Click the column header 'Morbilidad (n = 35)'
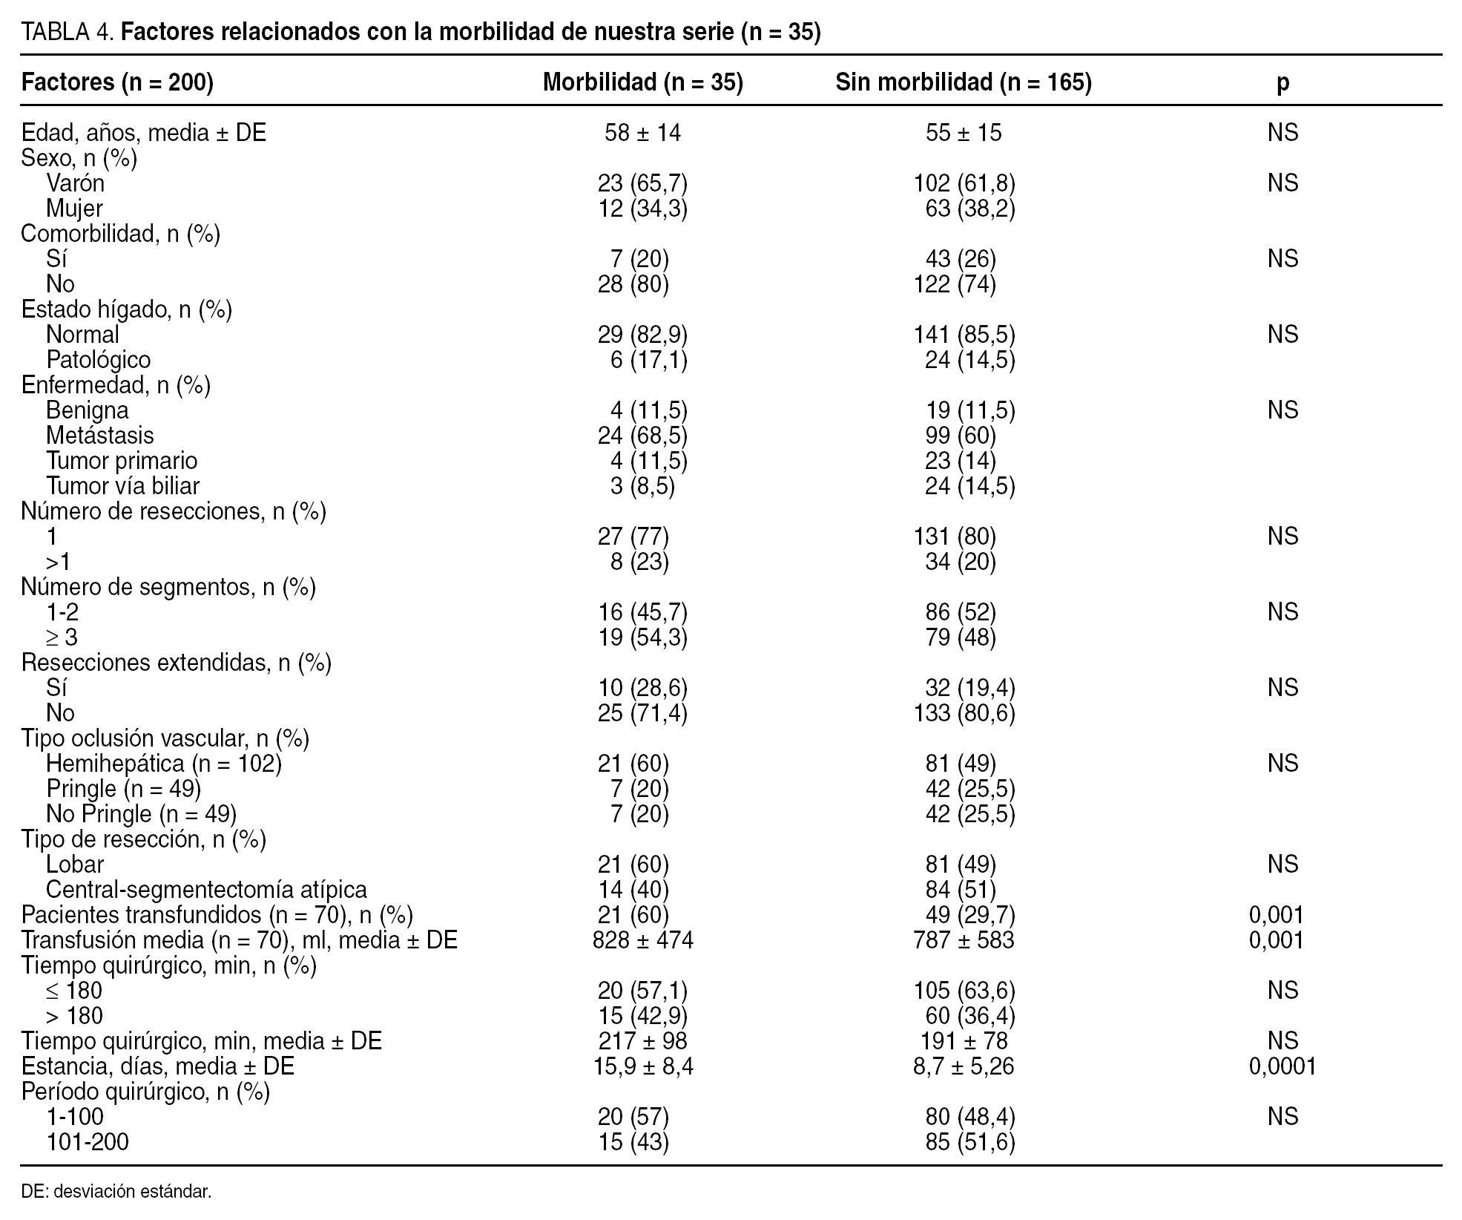click(642, 82)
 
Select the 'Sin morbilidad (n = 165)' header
click(964, 82)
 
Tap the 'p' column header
click(1282, 82)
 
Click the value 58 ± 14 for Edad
click(642, 133)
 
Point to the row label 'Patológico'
click(98, 360)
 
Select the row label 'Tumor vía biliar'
click(122, 486)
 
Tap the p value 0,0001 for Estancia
click(1282, 1066)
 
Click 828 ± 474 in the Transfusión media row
click(642, 940)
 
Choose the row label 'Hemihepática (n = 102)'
click(163, 764)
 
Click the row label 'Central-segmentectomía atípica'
click(206, 890)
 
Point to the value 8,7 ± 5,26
click(964, 1066)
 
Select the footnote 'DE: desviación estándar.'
click(116, 1193)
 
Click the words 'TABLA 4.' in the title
click(67, 33)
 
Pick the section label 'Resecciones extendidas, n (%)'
click(177, 663)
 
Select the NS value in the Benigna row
click(1282, 410)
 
